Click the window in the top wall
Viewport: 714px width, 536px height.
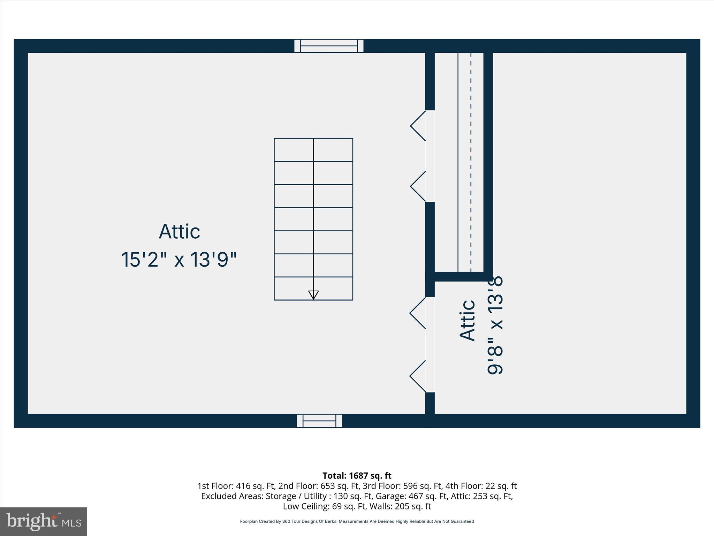pos(329,46)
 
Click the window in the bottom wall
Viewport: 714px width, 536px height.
pos(319,421)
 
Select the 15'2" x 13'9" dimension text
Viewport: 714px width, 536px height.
pos(179,260)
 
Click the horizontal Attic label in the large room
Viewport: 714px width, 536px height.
pos(180,231)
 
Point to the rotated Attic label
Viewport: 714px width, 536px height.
pos(468,320)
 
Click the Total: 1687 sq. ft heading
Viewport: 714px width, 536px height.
pos(357,476)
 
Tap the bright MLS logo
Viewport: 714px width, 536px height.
pos(44,522)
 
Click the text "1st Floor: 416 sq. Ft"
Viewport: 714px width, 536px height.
pos(236,486)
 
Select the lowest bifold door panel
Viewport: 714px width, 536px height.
pos(418,376)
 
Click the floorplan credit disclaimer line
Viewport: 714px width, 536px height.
pos(357,521)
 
